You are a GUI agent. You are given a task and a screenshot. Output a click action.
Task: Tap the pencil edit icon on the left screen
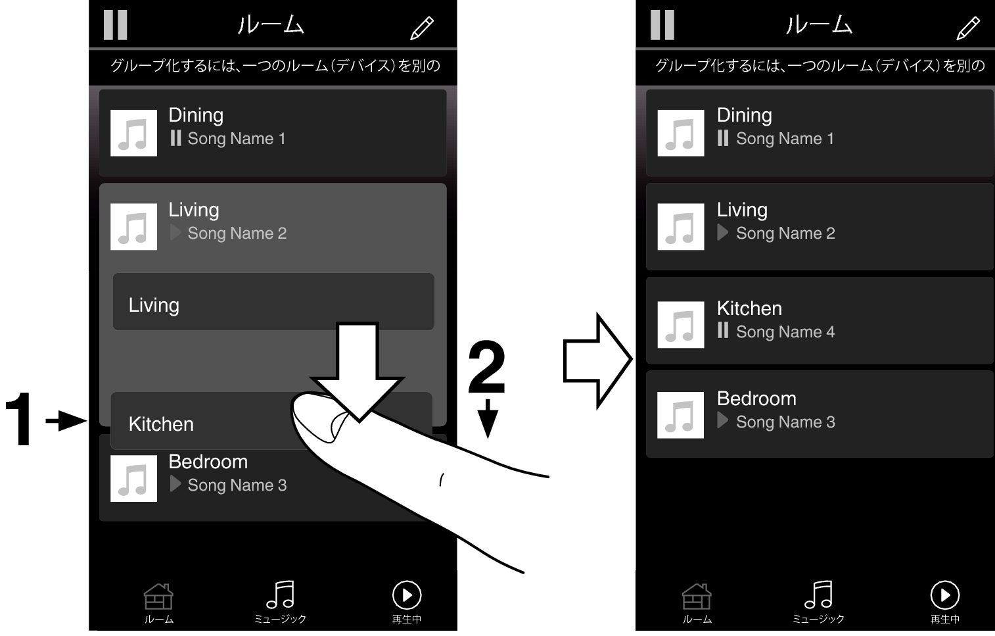coord(421,28)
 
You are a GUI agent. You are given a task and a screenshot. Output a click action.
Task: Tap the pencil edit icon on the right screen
coord(968,28)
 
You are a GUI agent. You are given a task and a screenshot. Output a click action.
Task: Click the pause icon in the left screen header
coord(116,25)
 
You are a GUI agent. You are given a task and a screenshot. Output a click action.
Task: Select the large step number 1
coord(18,418)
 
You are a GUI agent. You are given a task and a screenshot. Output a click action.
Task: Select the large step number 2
coord(487,367)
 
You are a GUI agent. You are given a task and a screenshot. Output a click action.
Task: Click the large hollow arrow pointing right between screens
coord(597,360)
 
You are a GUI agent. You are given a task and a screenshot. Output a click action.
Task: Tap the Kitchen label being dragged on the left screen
coord(161,424)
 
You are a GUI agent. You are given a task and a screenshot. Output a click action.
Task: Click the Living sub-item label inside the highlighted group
coord(154,306)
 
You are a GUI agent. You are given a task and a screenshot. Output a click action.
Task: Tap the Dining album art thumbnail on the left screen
coord(133,133)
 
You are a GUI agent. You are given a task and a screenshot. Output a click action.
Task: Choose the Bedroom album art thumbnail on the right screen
coord(680,415)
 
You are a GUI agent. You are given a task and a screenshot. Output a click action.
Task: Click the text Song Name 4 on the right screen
coord(785,332)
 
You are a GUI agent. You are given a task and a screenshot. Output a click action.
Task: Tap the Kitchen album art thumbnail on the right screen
coord(680,324)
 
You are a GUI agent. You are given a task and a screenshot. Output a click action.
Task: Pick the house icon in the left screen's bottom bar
coord(158,596)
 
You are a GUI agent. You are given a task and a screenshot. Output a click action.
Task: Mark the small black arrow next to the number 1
coord(66,420)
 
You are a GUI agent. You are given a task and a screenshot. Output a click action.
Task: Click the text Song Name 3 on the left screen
coord(237,485)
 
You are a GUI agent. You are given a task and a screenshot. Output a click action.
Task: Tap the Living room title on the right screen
coord(742,210)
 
